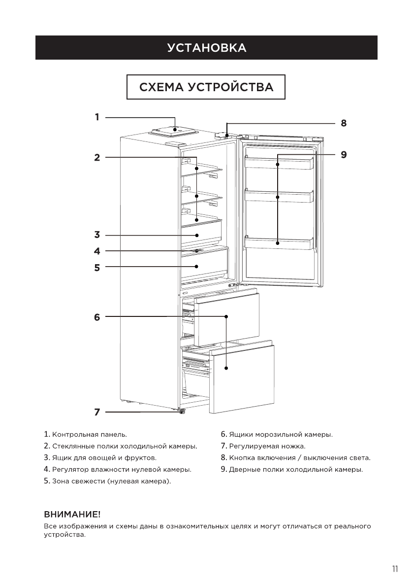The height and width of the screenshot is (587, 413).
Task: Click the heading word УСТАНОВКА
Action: (206, 48)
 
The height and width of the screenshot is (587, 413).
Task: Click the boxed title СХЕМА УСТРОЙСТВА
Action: (206, 87)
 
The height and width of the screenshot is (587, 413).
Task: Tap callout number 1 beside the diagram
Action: (97, 117)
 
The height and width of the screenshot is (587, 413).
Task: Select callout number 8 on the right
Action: (344, 123)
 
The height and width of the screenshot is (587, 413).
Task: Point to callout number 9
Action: (344, 155)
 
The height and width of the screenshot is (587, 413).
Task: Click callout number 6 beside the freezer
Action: (97, 317)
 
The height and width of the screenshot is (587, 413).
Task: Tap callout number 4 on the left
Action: (97, 251)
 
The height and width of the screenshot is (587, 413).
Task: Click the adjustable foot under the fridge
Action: (181, 412)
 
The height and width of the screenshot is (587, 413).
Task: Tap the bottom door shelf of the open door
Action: (279, 243)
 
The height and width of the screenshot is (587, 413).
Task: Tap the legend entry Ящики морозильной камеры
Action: (281, 435)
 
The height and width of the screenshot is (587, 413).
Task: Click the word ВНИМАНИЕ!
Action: (72, 515)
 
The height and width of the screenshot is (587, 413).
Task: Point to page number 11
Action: (395, 569)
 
